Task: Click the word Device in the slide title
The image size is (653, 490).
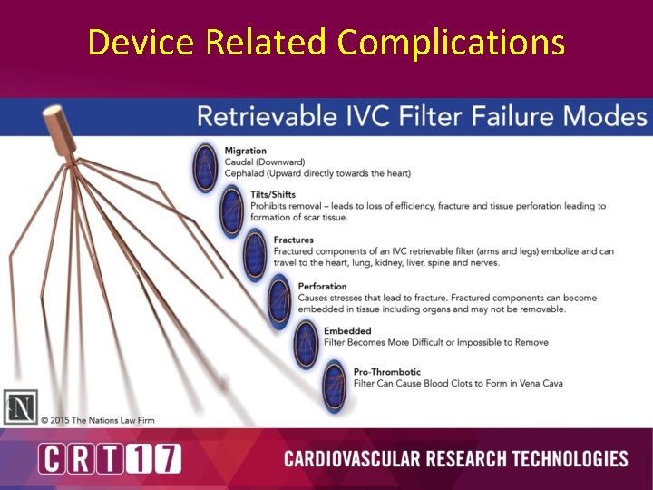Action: click(x=141, y=42)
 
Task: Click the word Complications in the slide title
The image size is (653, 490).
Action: click(x=451, y=42)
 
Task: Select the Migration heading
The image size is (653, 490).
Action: click(x=245, y=151)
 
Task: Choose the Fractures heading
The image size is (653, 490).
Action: click(x=293, y=240)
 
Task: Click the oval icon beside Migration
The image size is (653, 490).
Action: click(x=206, y=167)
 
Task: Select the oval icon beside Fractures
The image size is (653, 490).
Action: click(x=256, y=255)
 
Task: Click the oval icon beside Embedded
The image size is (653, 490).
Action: click(x=307, y=344)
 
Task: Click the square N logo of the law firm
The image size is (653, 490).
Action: click(x=20, y=406)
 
